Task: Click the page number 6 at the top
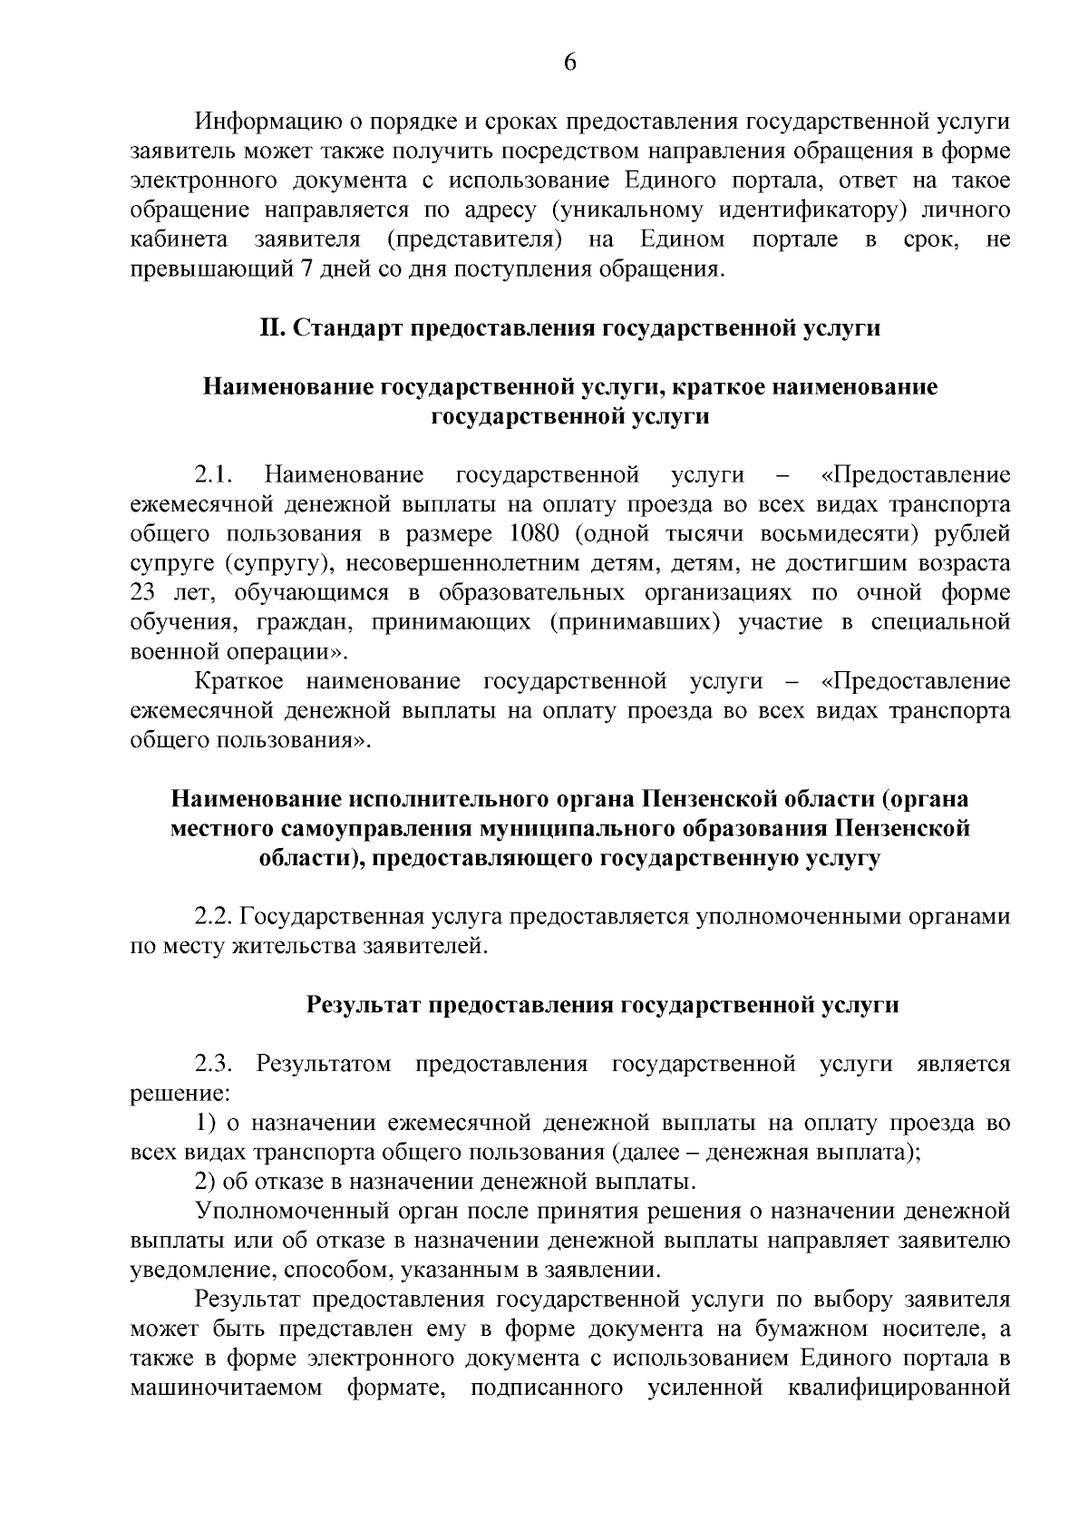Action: coord(569,62)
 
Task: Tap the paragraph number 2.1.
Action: coord(216,474)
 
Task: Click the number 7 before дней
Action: coord(301,268)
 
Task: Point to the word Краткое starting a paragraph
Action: coord(240,680)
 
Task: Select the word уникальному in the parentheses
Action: coord(627,210)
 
